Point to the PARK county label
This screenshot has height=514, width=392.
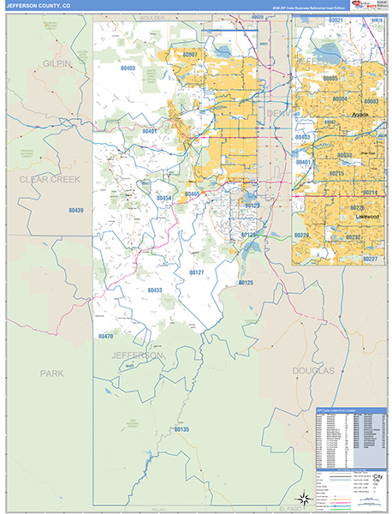pos(51,373)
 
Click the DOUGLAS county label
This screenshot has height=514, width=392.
pos(314,370)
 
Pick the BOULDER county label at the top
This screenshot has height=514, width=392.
pos(151,17)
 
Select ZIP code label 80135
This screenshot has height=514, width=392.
pos(181,428)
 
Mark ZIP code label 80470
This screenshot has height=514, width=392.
pos(105,336)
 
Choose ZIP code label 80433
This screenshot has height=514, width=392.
pos(155,290)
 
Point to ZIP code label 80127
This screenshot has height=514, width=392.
pos(196,272)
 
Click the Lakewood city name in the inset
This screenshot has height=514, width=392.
pos(369,217)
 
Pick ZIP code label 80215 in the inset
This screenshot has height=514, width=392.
pos(337,173)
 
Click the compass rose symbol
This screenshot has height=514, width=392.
pos(301,498)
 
